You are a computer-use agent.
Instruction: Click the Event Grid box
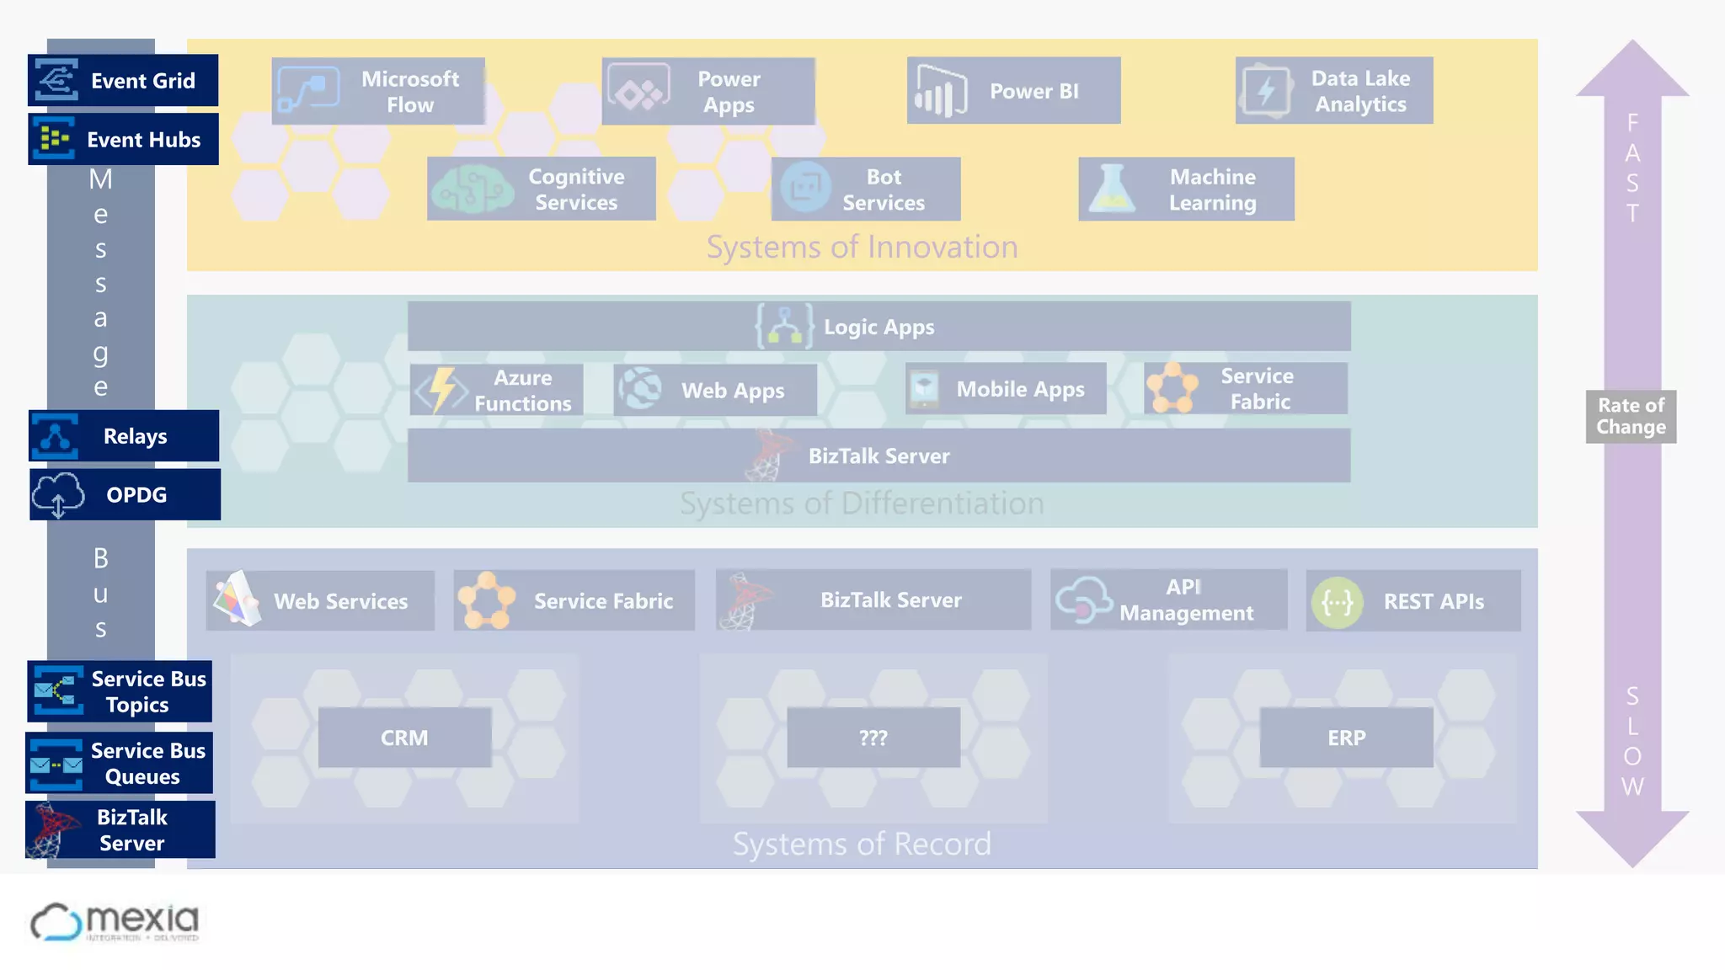123,81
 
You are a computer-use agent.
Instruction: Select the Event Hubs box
123,139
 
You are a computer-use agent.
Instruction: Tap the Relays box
124,436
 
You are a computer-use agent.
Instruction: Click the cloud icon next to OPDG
58,494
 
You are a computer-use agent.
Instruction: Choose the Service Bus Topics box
120,691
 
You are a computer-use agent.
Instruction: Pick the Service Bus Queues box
120,763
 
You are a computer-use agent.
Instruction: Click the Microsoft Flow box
378,92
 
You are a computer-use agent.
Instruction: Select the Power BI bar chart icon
941,92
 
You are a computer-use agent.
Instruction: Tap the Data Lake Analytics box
1334,91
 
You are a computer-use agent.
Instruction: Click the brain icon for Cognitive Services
472,189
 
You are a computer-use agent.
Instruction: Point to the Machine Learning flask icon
1112,189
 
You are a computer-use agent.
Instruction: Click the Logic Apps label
879,327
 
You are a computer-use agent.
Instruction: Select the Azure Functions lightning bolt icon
441,391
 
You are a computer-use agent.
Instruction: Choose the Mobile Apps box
1006,389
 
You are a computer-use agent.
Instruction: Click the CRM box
404,738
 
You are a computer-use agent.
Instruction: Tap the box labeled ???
873,738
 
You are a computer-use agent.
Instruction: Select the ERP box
1346,738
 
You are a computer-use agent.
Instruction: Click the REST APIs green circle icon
1337,602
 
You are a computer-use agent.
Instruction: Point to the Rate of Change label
1631,416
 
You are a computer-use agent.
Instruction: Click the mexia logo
115,922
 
